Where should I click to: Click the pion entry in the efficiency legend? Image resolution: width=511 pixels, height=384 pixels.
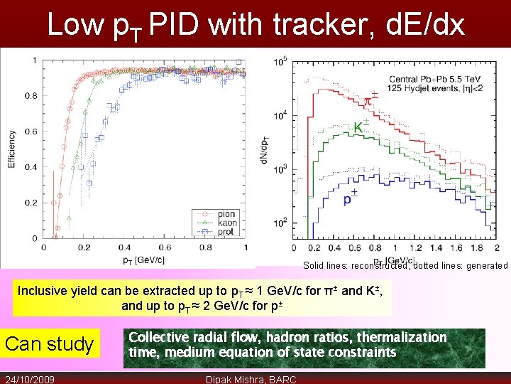coord(226,214)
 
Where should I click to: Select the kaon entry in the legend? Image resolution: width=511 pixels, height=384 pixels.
coord(227,223)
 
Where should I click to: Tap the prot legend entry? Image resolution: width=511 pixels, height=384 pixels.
coord(226,232)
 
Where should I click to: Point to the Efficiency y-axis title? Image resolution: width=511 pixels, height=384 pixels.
coord(12,149)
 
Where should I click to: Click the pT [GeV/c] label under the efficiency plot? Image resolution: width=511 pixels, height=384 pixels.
coord(141,260)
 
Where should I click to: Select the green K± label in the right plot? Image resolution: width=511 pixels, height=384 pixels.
coord(362,127)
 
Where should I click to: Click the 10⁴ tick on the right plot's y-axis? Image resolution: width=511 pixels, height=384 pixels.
coord(280,114)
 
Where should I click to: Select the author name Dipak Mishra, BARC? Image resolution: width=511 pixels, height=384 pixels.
coord(251,379)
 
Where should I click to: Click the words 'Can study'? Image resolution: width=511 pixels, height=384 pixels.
coord(50,344)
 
